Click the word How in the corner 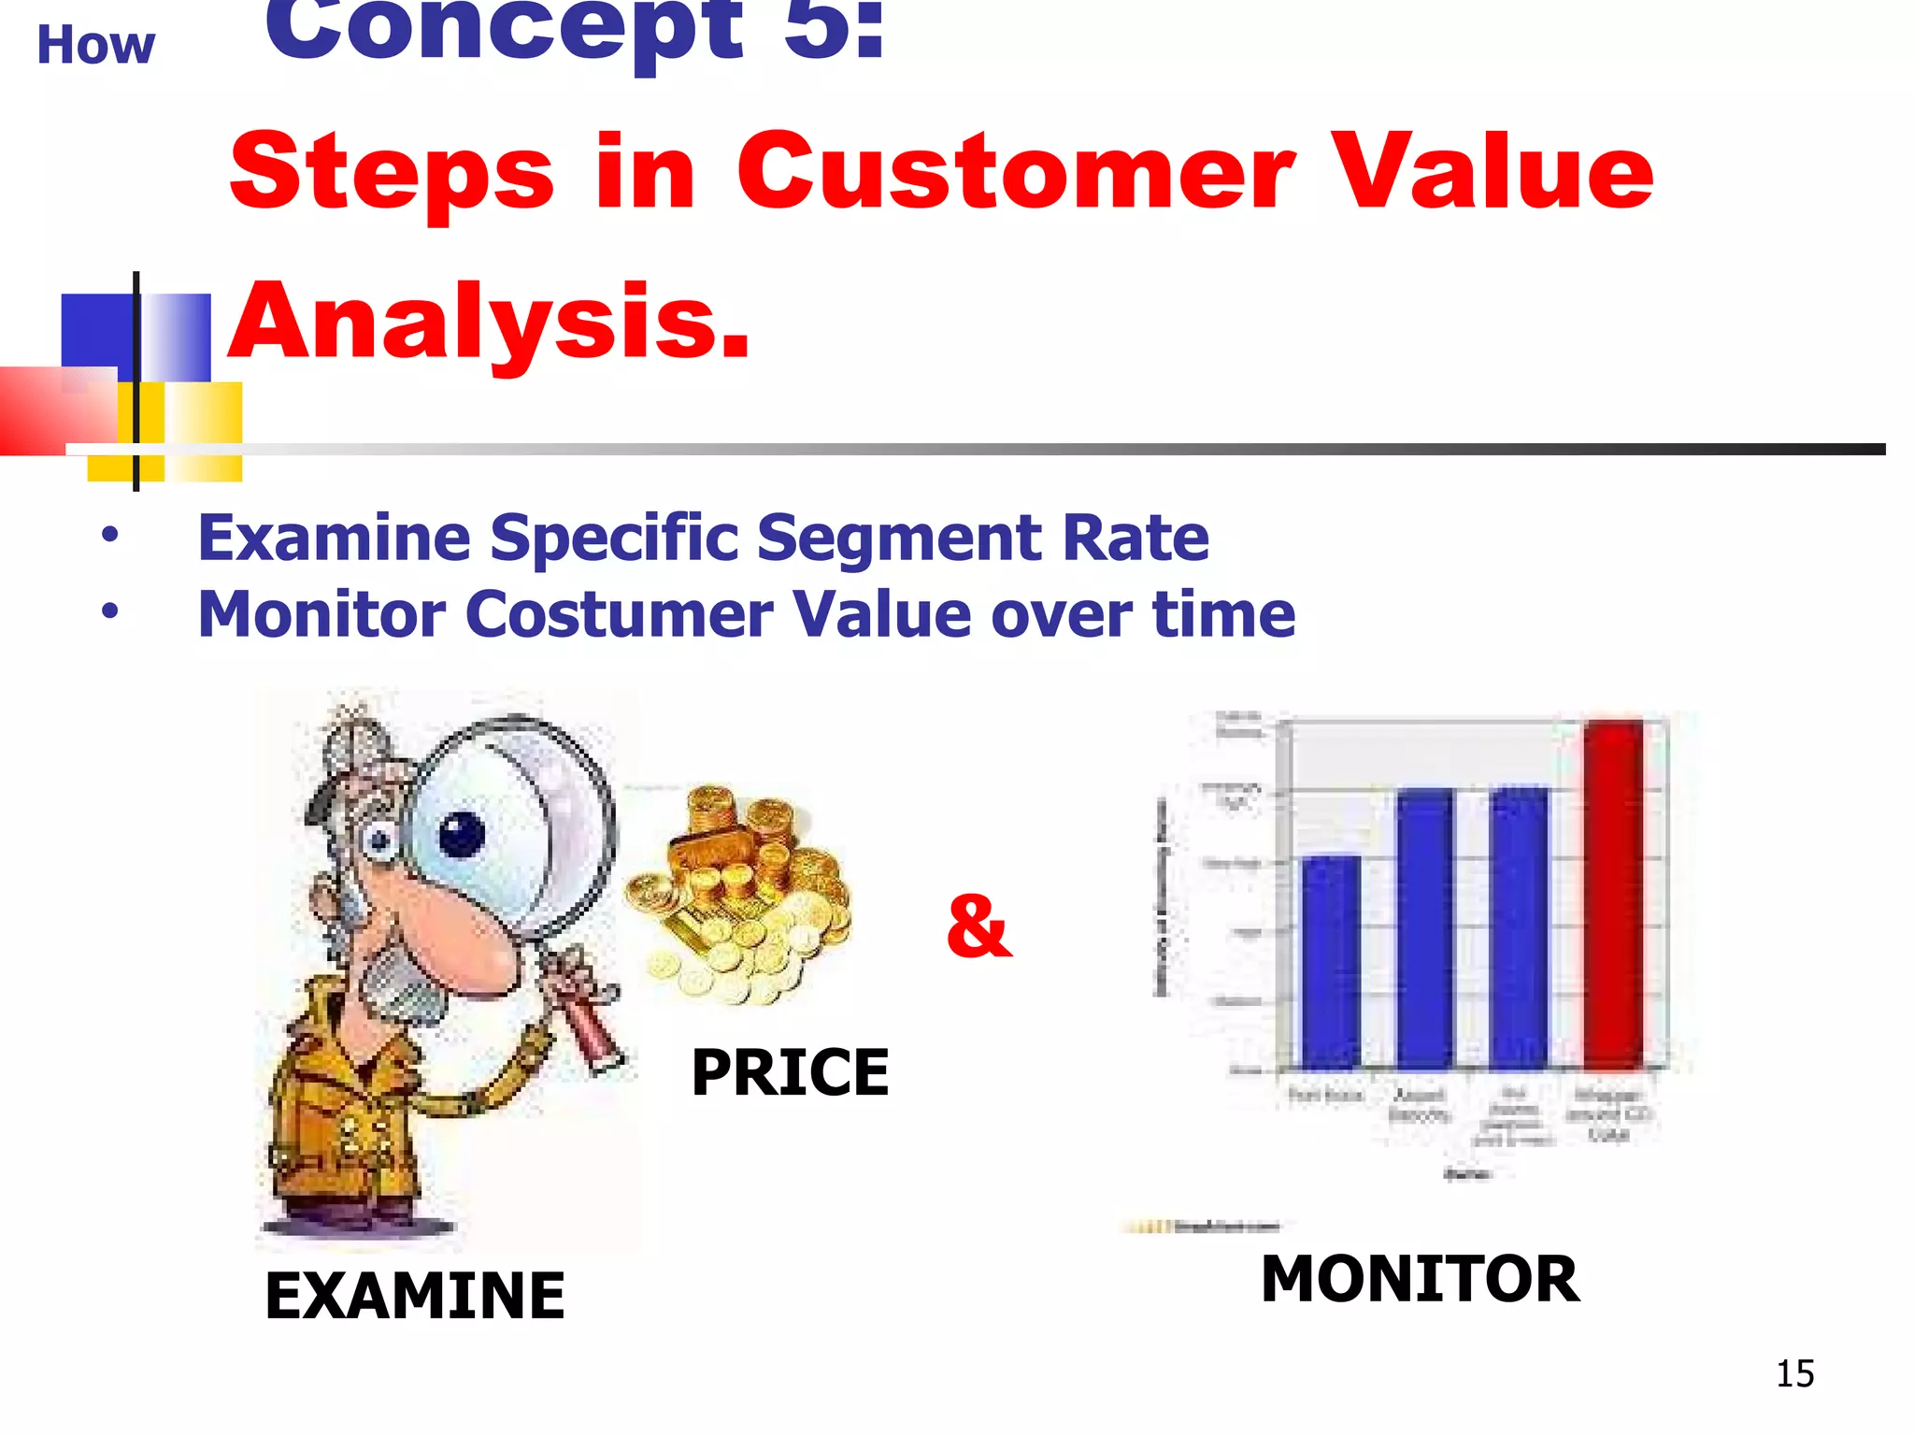[x=95, y=45]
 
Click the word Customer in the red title [x=1015, y=172]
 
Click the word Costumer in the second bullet [x=618, y=615]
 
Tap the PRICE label [x=790, y=1072]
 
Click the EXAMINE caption [x=415, y=1296]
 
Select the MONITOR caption [x=1420, y=1279]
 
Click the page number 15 [x=1794, y=1374]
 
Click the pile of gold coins [x=738, y=897]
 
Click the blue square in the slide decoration [x=96, y=332]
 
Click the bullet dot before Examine [x=110, y=536]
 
